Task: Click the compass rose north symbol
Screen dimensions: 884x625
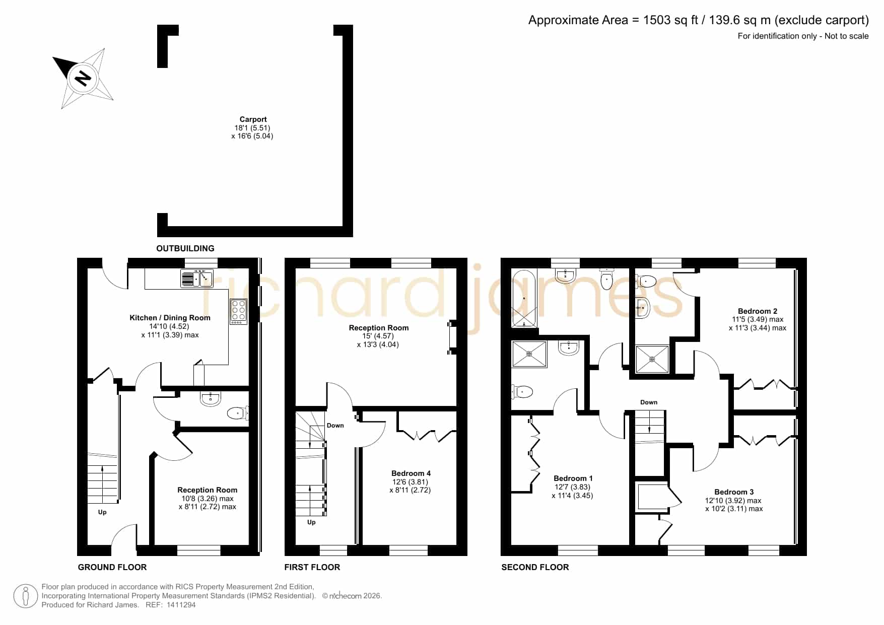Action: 83,78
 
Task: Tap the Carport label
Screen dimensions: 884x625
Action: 253,119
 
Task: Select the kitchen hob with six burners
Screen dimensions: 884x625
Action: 239,312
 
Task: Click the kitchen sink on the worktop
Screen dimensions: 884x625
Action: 197,279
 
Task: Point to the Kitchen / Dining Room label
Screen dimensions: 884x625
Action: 170,318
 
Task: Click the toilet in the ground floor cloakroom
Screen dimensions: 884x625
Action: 237,413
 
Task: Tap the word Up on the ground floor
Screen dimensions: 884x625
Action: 102,512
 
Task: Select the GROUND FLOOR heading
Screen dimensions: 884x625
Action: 112,567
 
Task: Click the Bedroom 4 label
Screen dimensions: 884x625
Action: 411,473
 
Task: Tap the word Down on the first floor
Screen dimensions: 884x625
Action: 335,426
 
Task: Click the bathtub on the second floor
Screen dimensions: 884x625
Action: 524,299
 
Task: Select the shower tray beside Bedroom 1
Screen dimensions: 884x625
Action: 529,354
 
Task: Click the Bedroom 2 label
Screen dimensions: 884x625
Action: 758,311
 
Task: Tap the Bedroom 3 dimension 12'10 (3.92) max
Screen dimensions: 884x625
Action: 733,501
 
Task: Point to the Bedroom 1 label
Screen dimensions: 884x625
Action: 573,478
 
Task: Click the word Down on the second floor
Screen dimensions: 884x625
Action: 649,402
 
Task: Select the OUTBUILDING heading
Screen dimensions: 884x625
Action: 185,248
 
